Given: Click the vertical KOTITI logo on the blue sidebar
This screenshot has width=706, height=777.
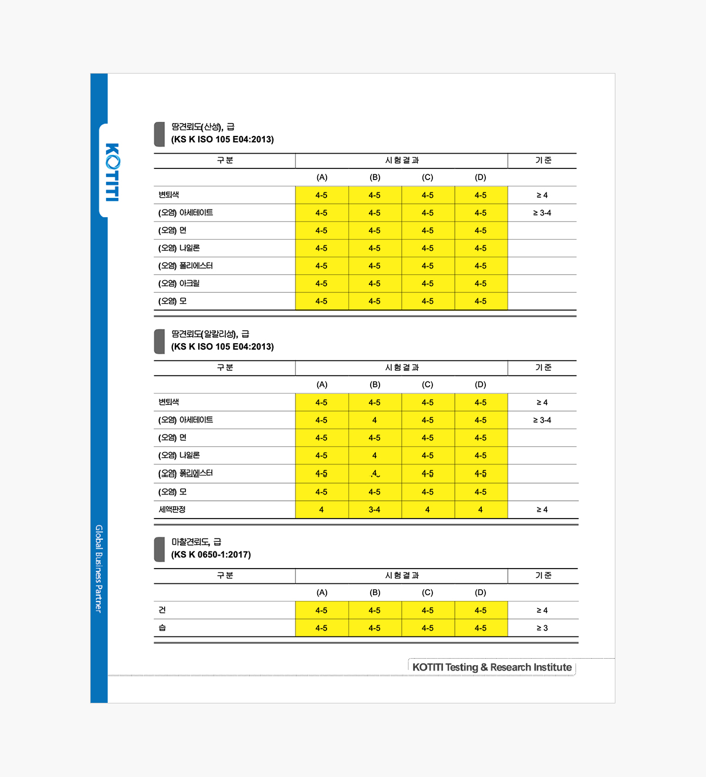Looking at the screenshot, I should coord(112,172).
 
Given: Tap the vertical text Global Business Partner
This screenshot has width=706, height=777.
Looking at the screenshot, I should coord(99,569).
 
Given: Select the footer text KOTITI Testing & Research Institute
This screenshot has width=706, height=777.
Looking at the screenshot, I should coord(492,668).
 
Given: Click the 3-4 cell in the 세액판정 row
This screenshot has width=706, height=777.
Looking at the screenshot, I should coord(374,510).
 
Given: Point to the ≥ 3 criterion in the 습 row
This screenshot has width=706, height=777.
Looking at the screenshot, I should coord(542,628).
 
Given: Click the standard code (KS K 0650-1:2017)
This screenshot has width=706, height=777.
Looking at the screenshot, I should coord(211,554).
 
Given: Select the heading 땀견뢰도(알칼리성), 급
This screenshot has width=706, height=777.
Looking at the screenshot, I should coord(210,334).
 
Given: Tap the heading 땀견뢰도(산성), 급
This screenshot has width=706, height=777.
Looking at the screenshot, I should coord(202,127).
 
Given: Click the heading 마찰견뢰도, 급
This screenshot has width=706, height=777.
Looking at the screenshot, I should coord(196,542).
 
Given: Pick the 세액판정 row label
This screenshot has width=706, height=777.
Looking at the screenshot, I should coord(172,510).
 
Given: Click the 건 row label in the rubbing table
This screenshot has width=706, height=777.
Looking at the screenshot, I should coord(162,610).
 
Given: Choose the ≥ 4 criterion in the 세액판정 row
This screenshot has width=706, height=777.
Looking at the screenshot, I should coord(542,510).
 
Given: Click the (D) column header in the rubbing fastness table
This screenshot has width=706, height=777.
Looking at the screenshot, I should coord(481,593).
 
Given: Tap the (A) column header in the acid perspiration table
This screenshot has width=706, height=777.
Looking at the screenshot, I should coord(322,177).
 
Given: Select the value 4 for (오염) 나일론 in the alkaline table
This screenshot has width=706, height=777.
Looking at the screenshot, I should coord(374,456).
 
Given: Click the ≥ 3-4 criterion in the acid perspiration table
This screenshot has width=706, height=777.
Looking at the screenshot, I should coord(542,213).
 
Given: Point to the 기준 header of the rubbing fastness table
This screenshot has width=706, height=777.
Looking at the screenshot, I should coord(543,576).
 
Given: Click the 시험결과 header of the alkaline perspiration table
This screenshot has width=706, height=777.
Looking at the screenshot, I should coord(402,368).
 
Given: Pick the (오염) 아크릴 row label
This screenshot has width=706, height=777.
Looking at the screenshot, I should coord(179,284).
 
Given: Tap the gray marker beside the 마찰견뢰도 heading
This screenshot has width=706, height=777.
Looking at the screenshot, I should coord(159,549).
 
